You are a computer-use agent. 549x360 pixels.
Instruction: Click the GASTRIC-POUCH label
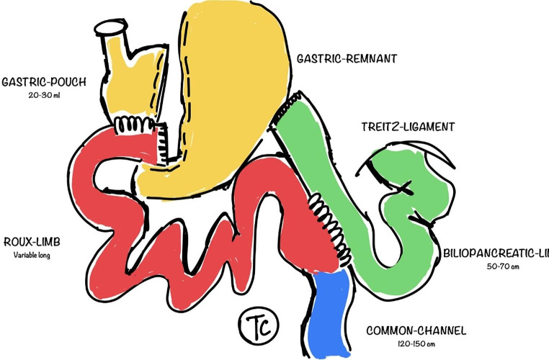coord(44,81)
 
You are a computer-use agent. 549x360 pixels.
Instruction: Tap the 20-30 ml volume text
coord(44,96)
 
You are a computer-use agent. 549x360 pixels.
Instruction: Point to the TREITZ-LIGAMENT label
coord(408,127)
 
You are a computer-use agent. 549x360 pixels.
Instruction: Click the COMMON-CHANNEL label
coord(416,331)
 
